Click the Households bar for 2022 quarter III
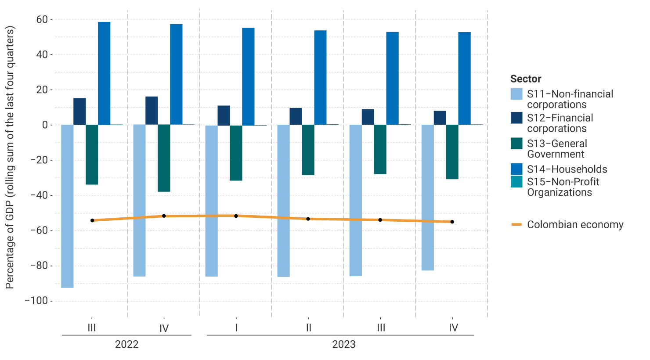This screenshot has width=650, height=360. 104,73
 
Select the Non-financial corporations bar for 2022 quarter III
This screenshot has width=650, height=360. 67,206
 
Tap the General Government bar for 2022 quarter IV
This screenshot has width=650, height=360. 164,158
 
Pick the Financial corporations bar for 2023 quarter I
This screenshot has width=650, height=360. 224,115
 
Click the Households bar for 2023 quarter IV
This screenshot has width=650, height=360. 464,79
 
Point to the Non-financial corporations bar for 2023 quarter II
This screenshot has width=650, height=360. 283,201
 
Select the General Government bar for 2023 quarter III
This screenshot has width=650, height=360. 380,149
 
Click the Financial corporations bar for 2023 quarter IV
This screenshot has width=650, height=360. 440,118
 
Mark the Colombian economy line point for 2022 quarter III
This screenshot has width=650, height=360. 92,220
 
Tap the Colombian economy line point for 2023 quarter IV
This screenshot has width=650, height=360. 452,222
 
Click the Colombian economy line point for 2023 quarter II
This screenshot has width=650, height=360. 308,219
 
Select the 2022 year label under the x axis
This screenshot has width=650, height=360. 126,344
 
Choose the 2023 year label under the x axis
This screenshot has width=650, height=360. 343,344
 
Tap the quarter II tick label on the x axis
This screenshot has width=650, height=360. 308,328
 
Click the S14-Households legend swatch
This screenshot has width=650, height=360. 516,169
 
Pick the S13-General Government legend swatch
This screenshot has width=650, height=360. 516,144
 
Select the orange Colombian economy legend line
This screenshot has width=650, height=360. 516,225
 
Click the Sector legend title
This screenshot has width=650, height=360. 525,79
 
